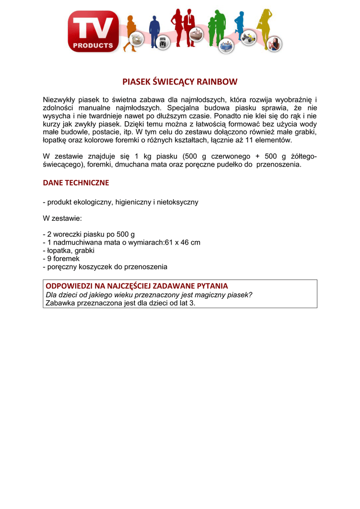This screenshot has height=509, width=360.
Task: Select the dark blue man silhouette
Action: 155,29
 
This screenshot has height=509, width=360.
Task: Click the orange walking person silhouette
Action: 130,30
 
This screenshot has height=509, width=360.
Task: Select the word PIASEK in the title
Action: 136,81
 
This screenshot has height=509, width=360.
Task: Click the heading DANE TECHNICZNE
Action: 76,183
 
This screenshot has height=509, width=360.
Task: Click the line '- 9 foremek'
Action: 61,258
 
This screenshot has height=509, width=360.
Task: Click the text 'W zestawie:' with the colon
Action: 62,218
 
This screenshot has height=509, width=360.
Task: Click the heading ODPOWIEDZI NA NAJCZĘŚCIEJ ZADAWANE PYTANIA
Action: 137,286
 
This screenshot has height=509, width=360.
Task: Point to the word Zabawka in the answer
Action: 59,303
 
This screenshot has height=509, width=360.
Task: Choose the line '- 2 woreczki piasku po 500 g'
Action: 89,234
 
